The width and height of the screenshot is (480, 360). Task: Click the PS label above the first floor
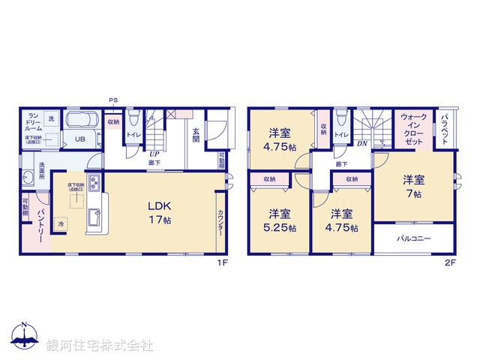click(113, 100)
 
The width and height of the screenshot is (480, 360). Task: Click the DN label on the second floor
click(361, 143)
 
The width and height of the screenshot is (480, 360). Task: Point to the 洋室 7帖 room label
click(413, 185)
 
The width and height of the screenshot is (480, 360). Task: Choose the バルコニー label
click(414, 239)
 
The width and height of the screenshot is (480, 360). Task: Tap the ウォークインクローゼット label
click(413, 128)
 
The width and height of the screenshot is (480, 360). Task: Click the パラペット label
click(445, 130)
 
